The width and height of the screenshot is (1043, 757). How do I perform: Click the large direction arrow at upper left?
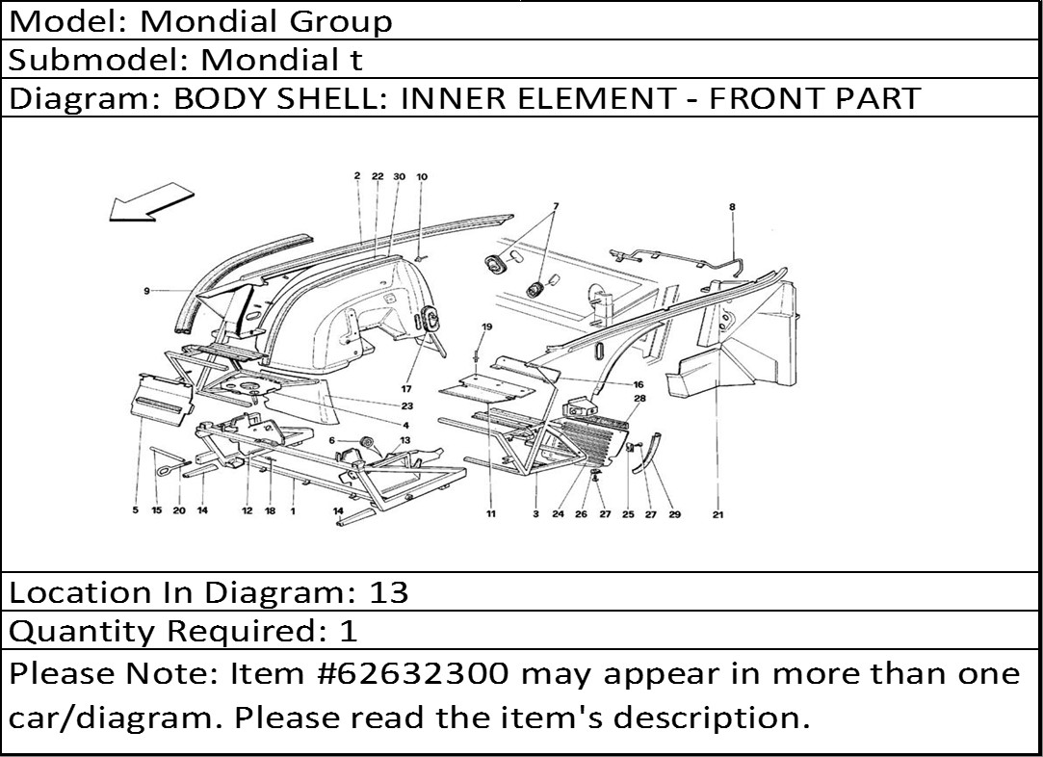[x=150, y=202]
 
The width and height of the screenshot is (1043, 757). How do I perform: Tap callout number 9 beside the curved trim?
[x=146, y=291]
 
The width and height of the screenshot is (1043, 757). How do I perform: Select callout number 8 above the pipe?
[x=732, y=207]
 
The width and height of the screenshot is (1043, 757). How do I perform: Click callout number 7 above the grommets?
[x=556, y=206]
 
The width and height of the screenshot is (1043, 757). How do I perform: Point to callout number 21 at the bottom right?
[x=717, y=514]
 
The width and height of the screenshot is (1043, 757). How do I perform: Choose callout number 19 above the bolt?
[x=487, y=326]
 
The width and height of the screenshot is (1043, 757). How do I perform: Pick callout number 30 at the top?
[x=399, y=176]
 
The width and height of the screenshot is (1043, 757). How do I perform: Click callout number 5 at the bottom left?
[x=135, y=510]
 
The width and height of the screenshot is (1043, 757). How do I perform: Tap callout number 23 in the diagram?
[x=407, y=405]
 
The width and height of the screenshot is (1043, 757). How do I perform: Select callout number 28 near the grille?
[x=639, y=399]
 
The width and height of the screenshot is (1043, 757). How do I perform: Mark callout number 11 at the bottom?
[x=491, y=513]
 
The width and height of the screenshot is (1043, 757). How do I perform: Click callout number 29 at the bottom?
[x=674, y=514]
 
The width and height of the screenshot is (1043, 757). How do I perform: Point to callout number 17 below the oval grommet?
[x=406, y=389]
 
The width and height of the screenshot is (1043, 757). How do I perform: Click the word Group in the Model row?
[x=341, y=22]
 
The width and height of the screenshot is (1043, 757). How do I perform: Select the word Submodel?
[x=98, y=60]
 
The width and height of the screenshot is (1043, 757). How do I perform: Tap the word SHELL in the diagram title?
[x=334, y=98]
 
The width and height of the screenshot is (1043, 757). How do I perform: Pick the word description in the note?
[x=706, y=718]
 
